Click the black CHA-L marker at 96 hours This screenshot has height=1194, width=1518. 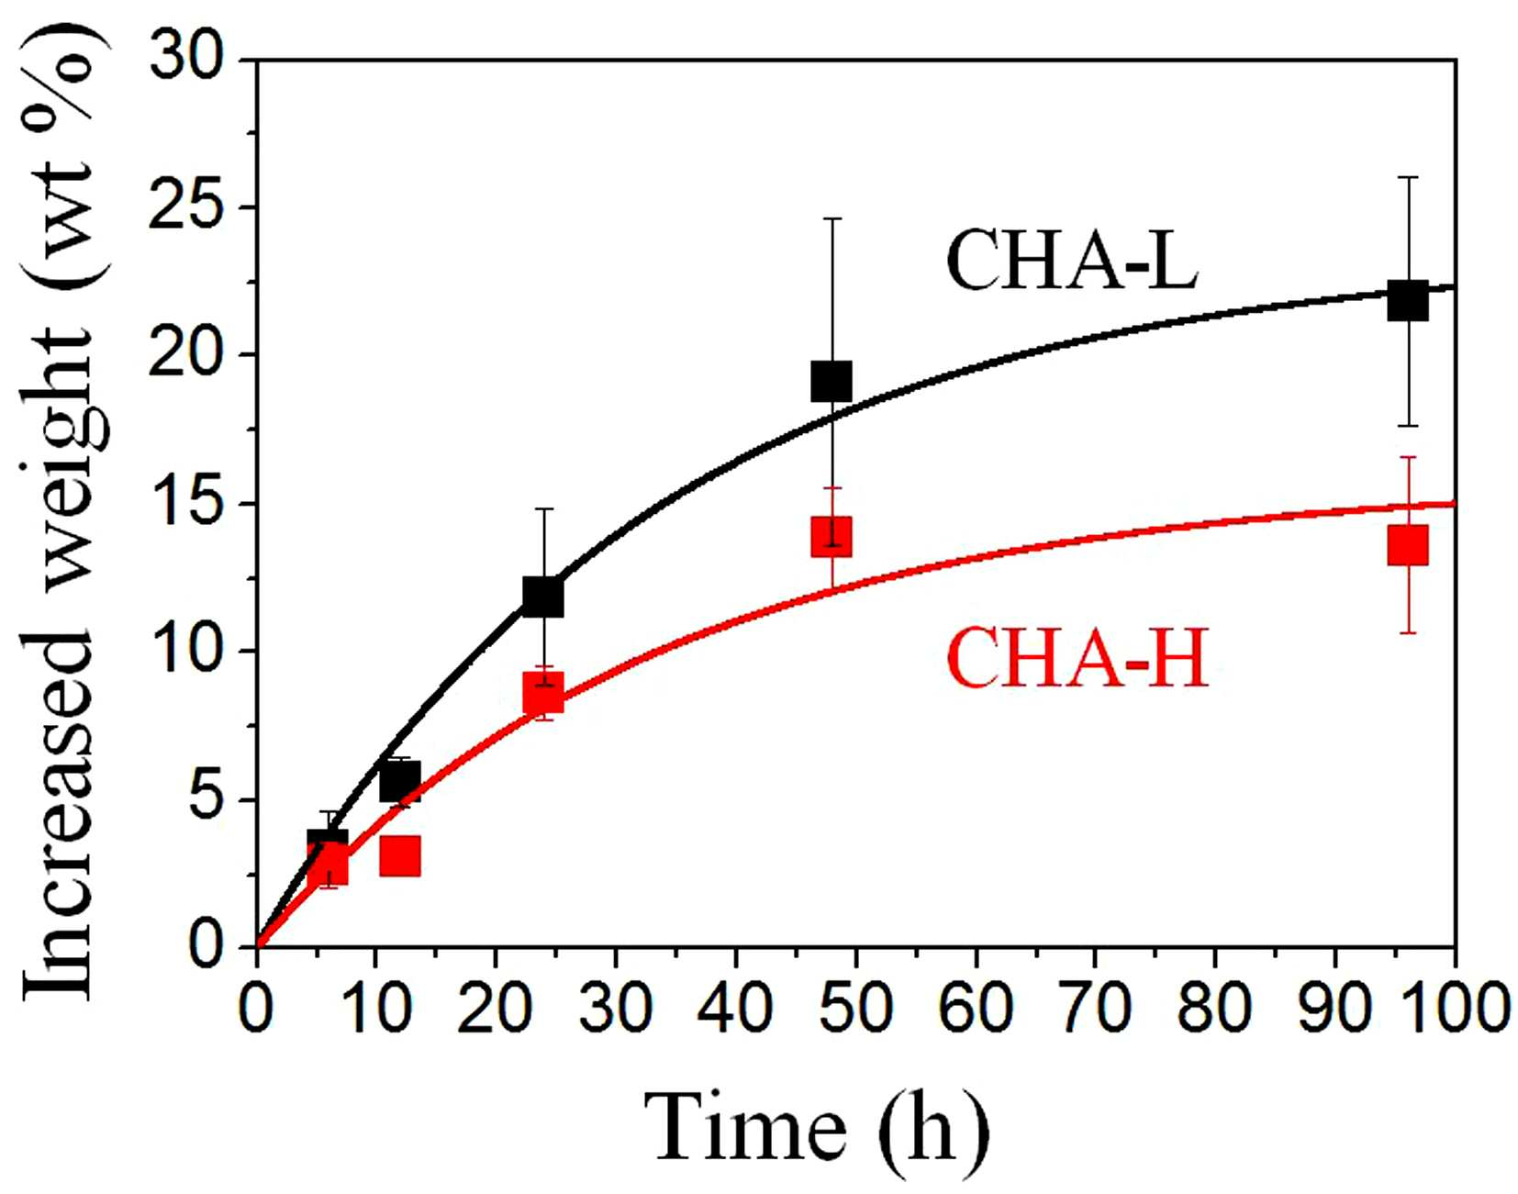pos(1407,301)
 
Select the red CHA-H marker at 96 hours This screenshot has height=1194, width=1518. pos(1407,545)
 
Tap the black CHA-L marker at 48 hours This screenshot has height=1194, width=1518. pos(831,381)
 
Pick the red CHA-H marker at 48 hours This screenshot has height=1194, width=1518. pos(831,536)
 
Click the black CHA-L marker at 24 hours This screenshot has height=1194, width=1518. pos(542,597)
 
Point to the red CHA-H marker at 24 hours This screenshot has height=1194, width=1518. pos(542,693)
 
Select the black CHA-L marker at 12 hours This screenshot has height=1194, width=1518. pos(399,781)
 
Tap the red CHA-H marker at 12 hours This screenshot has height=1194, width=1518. pos(399,855)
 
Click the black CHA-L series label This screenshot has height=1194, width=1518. pos(1071,261)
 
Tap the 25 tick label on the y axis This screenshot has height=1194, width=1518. pos(186,206)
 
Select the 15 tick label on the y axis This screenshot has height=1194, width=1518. pos(186,503)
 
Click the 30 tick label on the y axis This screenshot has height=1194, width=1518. pos(186,59)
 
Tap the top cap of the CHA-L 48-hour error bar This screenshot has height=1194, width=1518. pos(832,218)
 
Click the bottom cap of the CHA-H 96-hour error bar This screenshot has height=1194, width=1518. pos(1408,632)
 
